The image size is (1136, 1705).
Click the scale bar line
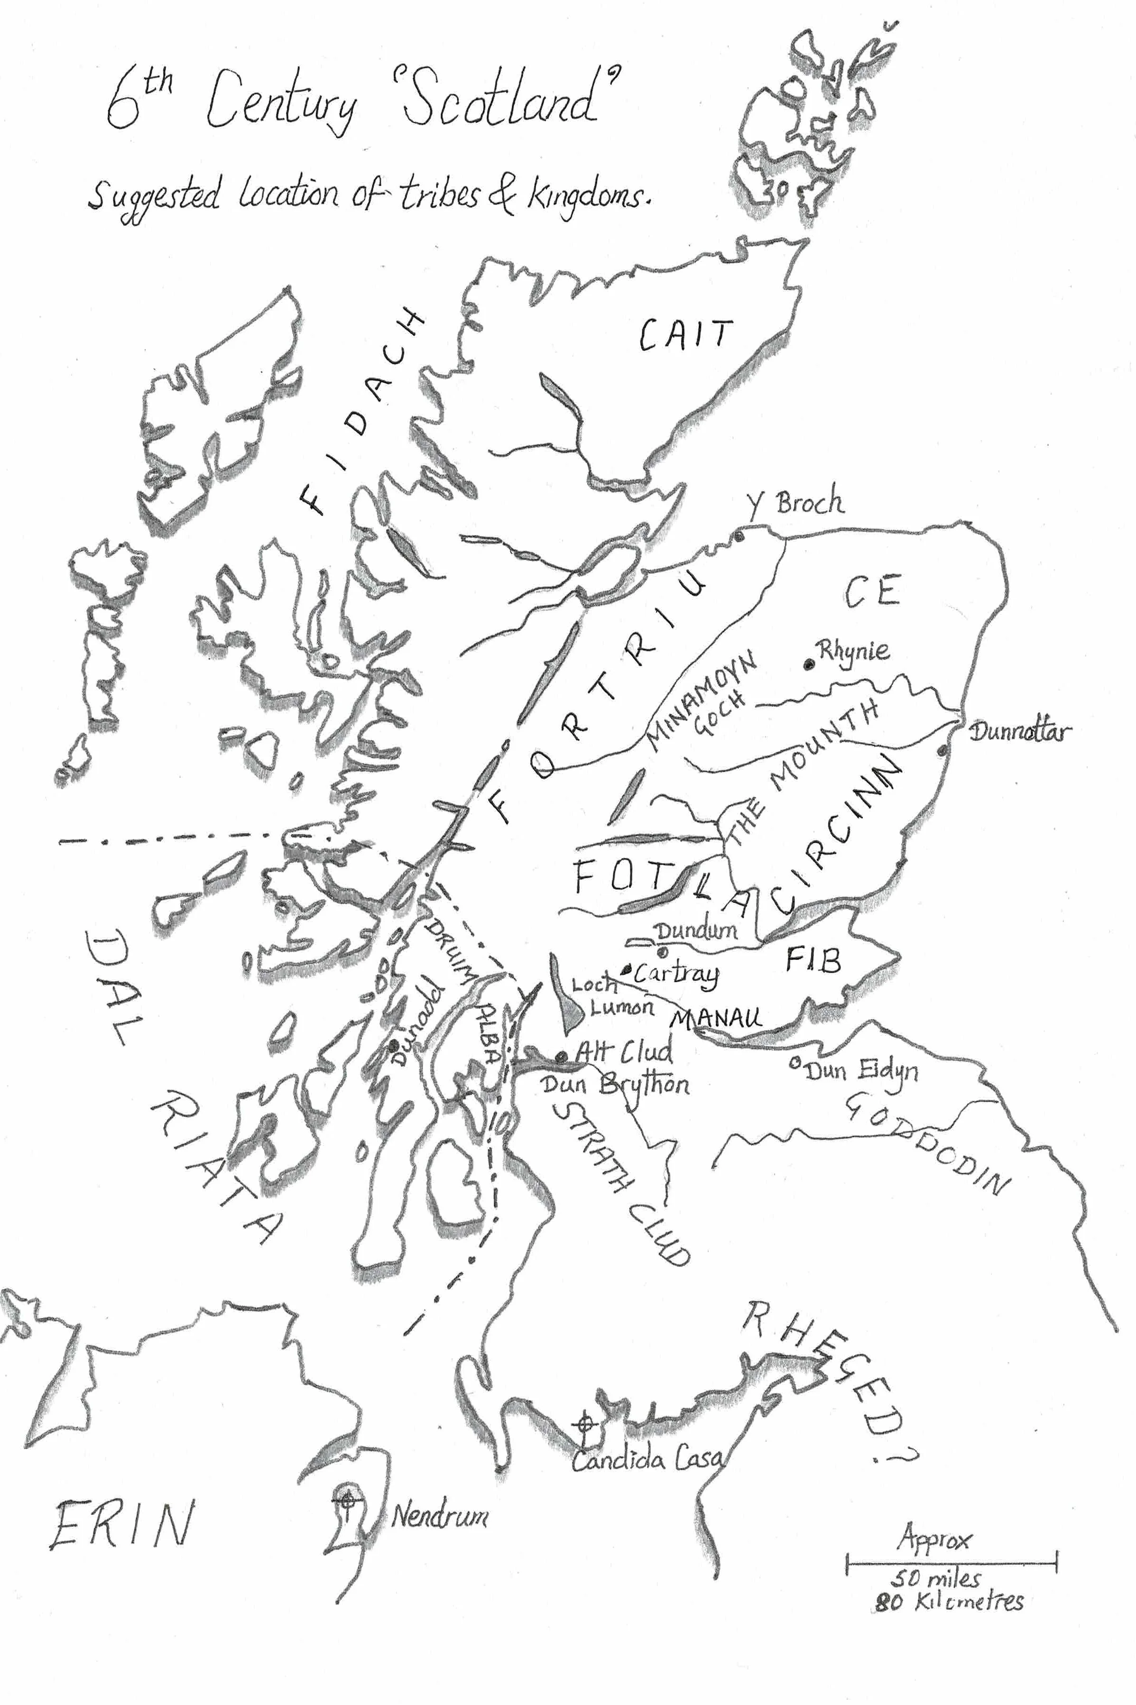951,1563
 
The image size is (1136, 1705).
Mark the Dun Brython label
615,1086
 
